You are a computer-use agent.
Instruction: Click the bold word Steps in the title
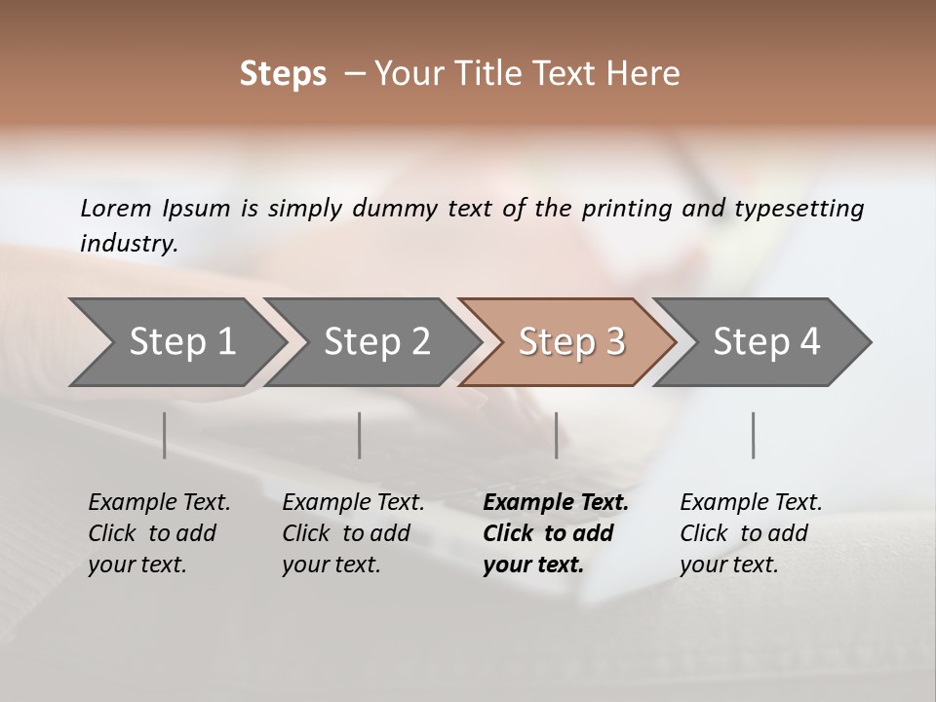(283, 74)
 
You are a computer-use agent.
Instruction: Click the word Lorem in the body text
(115, 208)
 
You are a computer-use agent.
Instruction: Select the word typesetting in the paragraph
(799, 208)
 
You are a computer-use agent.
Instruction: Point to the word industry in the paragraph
(128, 243)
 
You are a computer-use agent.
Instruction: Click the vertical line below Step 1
(164, 435)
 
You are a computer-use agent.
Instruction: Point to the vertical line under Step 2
(360, 435)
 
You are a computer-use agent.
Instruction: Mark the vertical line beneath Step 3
(556, 435)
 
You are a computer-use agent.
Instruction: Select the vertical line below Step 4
(753, 435)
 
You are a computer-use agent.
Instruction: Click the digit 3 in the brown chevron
(614, 342)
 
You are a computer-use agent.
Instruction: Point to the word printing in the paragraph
(627, 208)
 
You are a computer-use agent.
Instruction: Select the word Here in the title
(647, 74)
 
